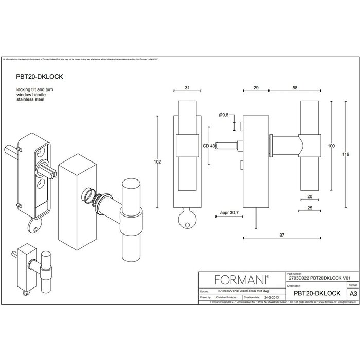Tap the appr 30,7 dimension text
[230, 211]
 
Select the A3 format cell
[352, 293]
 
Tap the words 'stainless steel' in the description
[30, 99]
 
